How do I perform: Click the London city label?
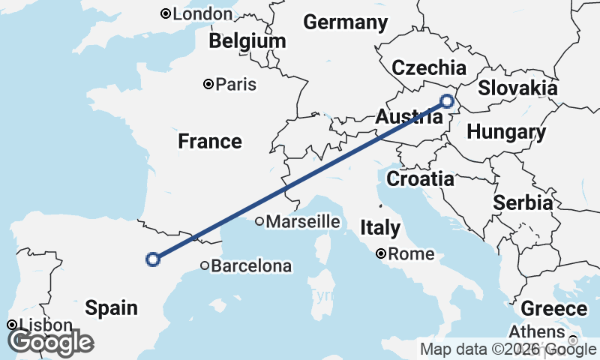[x=202, y=13]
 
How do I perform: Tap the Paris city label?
[x=235, y=84]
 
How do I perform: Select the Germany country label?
[x=345, y=22]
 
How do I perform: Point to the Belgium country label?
[x=247, y=40]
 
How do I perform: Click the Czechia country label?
[x=429, y=67]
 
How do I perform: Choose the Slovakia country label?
[x=517, y=88]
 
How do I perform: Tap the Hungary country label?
[x=506, y=133]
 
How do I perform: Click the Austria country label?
[x=403, y=118]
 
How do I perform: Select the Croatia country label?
[x=420, y=178]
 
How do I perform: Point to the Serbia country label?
[x=523, y=202]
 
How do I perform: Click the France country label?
[x=210, y=141]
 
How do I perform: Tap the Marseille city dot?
[x=259, y=221]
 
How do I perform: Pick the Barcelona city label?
[x=251, y=265]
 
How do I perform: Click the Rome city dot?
[x=382, y=254]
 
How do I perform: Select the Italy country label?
[x=379, y=227]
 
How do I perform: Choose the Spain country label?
[x=111, y=307]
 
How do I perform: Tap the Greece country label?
[x=553, y=309]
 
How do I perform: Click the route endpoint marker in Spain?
[x=153, y=259]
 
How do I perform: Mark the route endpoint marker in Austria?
[x=448, y=101]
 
